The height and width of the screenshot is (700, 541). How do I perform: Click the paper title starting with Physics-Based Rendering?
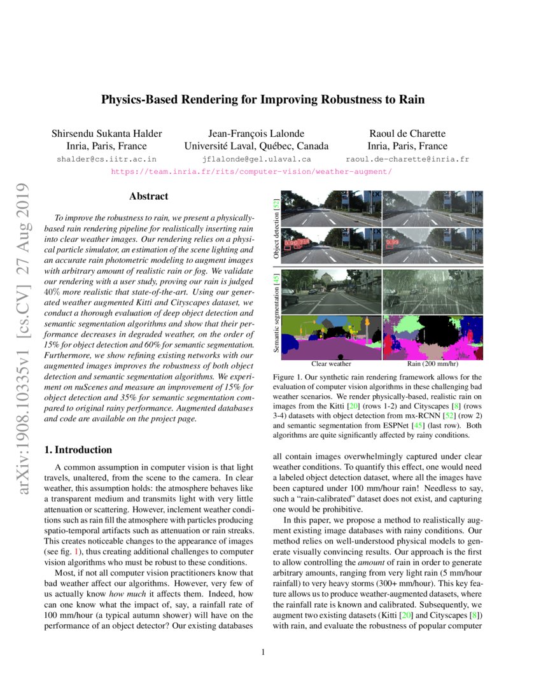pyautogui.click(x=263, y=100)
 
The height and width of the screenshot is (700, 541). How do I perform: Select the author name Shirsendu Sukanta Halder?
pyautogui.click(x=106, y=133)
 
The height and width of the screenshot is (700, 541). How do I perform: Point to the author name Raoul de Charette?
pyautogui.click(x=407, y=133)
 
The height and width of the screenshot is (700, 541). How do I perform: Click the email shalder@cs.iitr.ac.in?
pyautogui.click(x=106, y=159)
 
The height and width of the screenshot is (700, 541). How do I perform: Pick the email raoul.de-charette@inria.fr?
pyautogui.click(x=407, y=159)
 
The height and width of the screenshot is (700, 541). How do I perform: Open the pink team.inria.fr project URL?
pyautogui.click(x=251, y=172)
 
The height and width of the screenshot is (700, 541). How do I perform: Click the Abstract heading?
pyautogui.click(x=148, y=197)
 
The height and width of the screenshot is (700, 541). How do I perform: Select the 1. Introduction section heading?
pyautogui.click(x=78, y=450)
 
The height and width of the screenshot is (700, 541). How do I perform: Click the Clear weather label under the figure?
pyautogui.click(x=331, y=365)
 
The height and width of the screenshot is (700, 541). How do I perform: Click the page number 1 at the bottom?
pyautogui.click(x=263, y=652)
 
